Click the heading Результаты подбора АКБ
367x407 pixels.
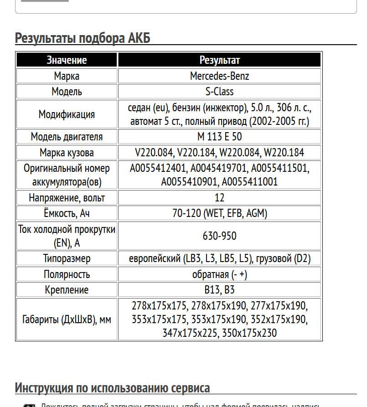[x=83, y=37]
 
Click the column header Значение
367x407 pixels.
[x=67, y=60]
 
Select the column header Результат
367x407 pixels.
[x=219, y=60]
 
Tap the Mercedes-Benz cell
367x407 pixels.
[x=219, y=76]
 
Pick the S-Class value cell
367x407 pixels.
[x=219, y=92]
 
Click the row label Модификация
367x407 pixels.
[x=67, y=114]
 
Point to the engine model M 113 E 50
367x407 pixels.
[x=219, y=137]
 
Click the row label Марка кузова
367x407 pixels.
[x=67, y=153]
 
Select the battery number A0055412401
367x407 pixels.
[x=158, y=168]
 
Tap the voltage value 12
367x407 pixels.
[x=219, y=198]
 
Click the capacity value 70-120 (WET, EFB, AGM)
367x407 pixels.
[x=219, y=213]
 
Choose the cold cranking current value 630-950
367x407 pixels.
[x=219, y=236]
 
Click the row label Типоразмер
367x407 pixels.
[x=67, y=258]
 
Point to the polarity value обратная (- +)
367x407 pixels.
[x=219, y=274]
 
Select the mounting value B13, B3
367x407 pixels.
[x=219, y=290]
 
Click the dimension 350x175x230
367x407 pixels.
[x=249, y=333]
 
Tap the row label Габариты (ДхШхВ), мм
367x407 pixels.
[x=67, y=319]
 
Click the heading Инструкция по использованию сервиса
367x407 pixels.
[x=112, y=388]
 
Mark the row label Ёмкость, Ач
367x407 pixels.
[x=67, y=213]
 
